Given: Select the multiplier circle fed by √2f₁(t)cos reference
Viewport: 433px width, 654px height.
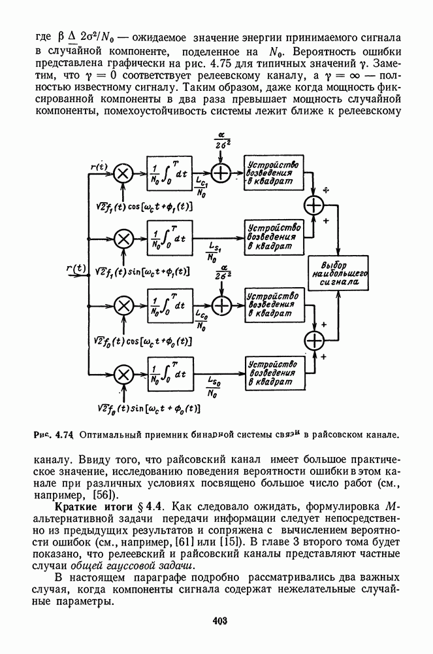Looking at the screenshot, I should pyautogui.click(x=123, y=173).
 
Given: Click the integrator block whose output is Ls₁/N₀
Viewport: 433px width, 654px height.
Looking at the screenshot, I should pyautogui.click(x=170, y=239).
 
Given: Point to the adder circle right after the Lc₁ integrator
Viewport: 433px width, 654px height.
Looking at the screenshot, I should pyautogui.click(x=223, y=173).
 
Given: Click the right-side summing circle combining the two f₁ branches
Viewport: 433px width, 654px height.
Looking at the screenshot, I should pyautogui.click(x=316, y=205).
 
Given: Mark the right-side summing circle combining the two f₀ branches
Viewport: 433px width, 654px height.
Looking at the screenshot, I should pyautogui.click(x=316, y=339).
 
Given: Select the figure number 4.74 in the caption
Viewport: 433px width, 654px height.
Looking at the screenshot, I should pyautogui.click(x=63, y=433).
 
